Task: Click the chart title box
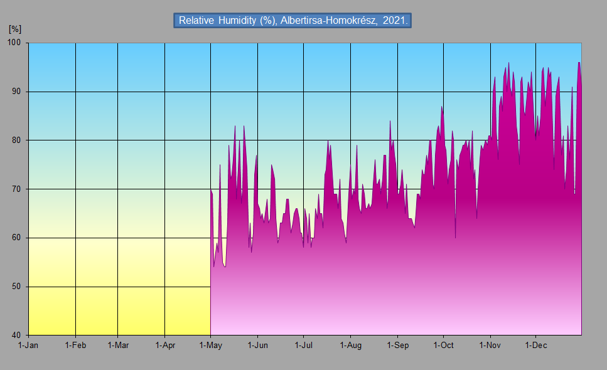293,20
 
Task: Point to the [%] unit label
15,29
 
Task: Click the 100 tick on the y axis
14,43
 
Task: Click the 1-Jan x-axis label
29,345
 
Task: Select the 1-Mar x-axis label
118,345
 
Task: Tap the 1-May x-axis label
210,345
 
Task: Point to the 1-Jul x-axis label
303,345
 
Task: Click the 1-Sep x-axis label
397,345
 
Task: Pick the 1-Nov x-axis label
490,345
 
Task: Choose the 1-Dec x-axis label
535,345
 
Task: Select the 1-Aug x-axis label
350,345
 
